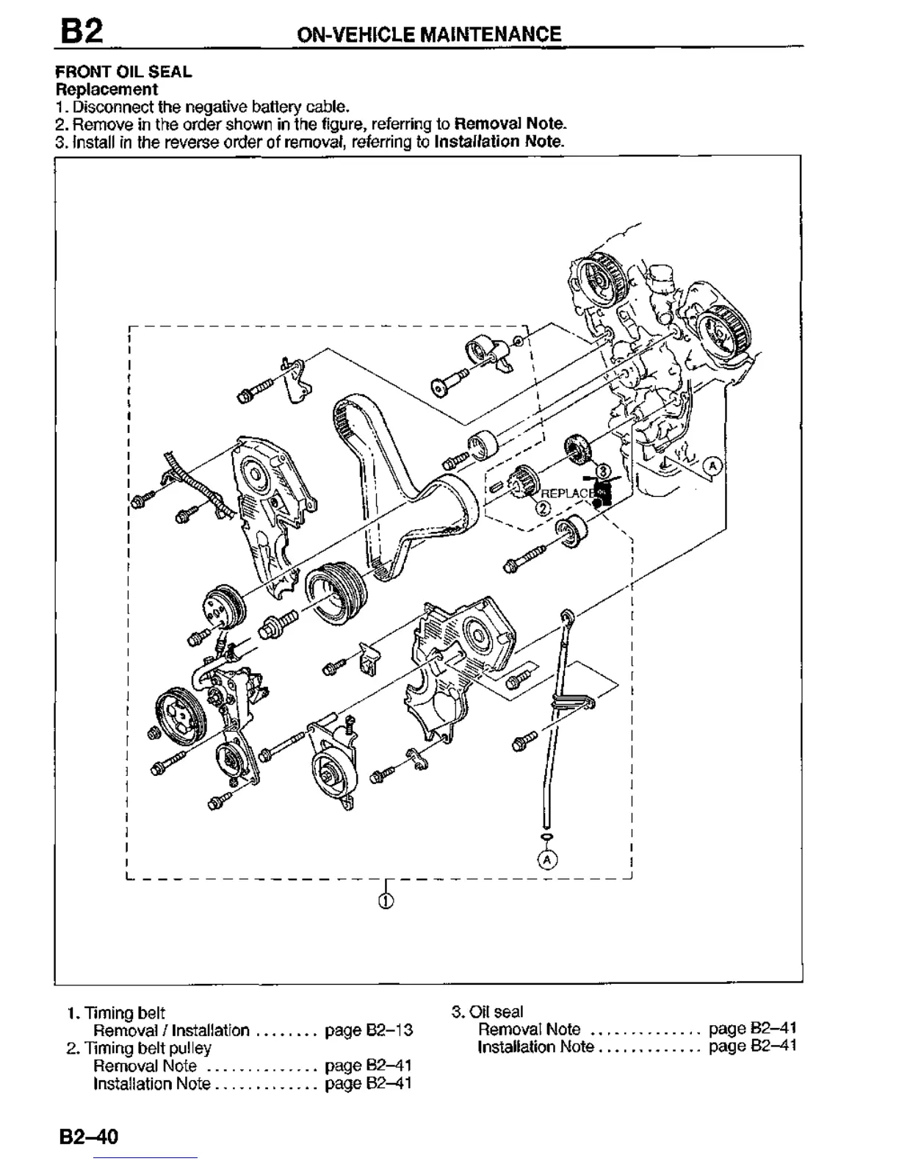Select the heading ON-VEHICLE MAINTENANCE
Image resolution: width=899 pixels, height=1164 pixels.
click(428, 34)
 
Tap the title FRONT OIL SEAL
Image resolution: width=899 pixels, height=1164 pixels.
click(123, 72)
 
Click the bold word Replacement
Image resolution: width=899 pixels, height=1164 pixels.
click(106, 90)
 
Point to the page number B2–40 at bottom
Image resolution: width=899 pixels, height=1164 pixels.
click(89, 1137)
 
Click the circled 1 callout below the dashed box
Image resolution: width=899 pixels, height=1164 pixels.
click(386, 902)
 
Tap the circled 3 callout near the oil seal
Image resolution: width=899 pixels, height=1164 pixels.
click(602, 470)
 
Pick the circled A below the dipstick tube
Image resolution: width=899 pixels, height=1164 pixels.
click(546, 858)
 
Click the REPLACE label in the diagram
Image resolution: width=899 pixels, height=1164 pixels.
click(567, 493)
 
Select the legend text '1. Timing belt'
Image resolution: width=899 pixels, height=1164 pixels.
click(116, 1013)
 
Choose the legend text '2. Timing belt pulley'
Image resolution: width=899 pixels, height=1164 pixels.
click(139, 1048)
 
